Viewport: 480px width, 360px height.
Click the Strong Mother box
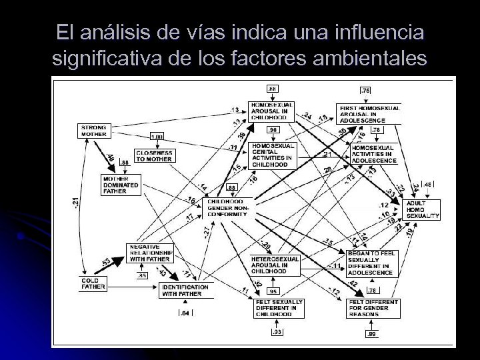[x=93, y=131]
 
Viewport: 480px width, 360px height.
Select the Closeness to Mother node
[x=154, y=156]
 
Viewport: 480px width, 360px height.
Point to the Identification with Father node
[x=184, y=291]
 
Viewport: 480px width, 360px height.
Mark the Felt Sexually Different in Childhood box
[x=278, y=309]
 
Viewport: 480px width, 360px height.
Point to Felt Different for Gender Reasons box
[x=373, y=309]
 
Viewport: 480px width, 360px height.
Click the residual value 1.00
[x=157, y=137]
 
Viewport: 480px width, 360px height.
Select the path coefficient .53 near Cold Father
[x=105, y=261]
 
